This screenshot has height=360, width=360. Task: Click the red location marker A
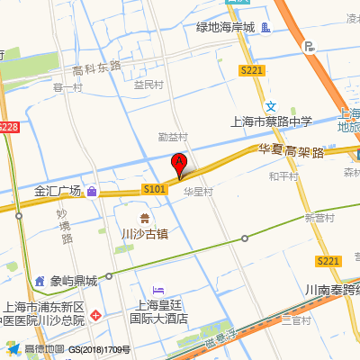178,164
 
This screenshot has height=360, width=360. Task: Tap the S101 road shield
154,189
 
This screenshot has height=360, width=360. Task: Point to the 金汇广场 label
58,191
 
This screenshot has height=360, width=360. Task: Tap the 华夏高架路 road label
291,150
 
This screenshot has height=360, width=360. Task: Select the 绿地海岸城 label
226,27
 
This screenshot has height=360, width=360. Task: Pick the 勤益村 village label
173,137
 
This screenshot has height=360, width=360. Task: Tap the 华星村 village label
197,192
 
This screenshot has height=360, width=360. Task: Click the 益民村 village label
148,85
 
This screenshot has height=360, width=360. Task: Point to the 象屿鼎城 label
73,280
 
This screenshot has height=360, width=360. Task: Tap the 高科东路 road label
96,69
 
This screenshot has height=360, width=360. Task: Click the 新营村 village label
319,218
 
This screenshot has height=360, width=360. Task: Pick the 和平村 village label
283,176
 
